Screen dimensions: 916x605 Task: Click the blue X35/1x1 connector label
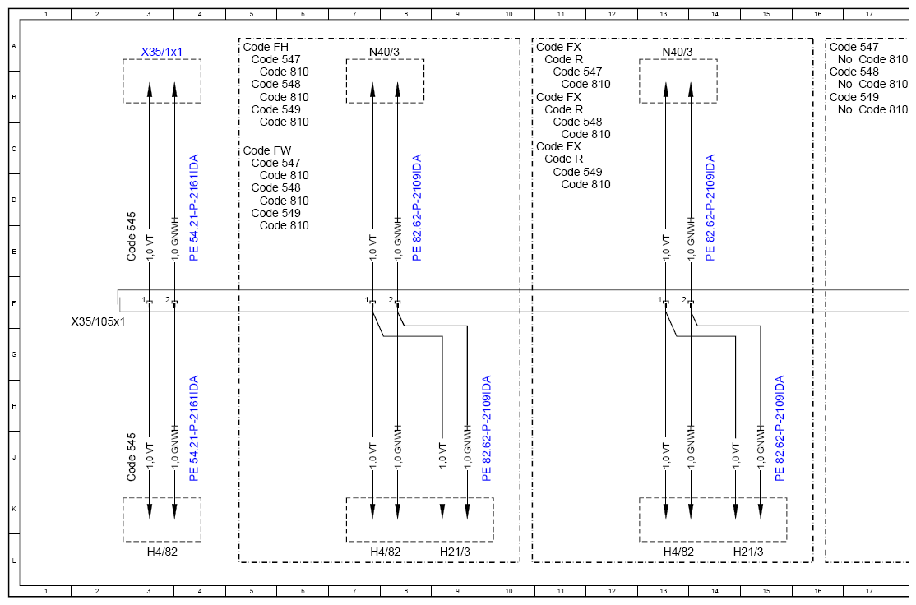pyautogui.click(x=162, y=52)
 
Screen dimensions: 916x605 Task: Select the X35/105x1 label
pyautogui.click(x=98, y=321)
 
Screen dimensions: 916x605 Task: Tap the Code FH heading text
pyautogui.click(x=266, y=47)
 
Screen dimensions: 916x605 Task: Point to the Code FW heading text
pyautogui.click(x=267, y=150)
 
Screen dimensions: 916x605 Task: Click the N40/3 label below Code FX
pyautogui.click(x=678, y=52)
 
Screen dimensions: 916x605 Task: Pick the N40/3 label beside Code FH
pyautogui.click(x=384, y=52)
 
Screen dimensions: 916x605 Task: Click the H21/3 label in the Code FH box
pyautogui.click(x=455, y=552)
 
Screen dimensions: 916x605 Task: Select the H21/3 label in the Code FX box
pyautogui.click(x=748, y=552)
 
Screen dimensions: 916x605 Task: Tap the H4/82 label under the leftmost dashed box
pyautogui.click(x=162, y=552)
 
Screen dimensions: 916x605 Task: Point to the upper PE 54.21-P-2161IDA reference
pyautogui.click(x=194, y=207)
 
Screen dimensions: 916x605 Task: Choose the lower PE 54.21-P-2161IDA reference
pyautogui.click(x=194, y=428)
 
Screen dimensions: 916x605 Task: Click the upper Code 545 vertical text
pyautogui.click(x=132, y=237)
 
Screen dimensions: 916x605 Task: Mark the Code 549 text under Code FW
pyautogui.click(x=275, y=213)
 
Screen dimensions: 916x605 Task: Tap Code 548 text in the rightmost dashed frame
pyautogui.click(x=854, y=72)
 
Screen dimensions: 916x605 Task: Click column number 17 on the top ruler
pyautogui.click(x=869, y=14)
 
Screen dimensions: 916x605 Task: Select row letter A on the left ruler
pyautogui.click(x=14, y=45)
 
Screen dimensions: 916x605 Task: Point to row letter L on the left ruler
pyautogui.click(x=14, y=561)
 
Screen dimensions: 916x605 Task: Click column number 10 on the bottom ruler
pyautogui.click(x=509, y=591)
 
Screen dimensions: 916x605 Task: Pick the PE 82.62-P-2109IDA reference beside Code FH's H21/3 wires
pyautogui.click(x=486, y=428)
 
